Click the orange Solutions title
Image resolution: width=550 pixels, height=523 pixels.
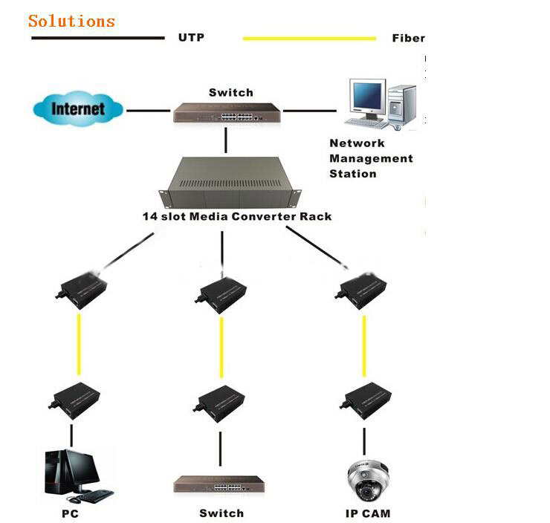tap(71, 21)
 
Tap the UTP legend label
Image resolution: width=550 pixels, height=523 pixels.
tap(191, 37)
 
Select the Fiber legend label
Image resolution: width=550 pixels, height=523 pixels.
tap(408, 38)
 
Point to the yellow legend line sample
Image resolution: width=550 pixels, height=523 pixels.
tap(309, 38)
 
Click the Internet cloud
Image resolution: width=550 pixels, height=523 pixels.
tap(78, 108)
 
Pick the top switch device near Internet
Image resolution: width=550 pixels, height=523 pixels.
tap(227, 112)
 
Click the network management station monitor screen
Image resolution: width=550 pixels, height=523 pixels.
tap(367, 96)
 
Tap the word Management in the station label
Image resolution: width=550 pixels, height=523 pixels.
tap(371, 158)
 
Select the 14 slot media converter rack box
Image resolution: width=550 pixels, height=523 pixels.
tap(230, 182)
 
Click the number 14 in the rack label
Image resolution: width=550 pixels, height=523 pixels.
tap(150, 216)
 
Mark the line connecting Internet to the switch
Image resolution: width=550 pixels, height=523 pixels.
tap(149, 111)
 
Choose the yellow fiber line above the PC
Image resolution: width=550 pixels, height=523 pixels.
tap(79, 345)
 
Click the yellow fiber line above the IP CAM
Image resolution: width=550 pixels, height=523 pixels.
tap(364, 346)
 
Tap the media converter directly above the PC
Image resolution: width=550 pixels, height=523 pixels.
tap(74, 400)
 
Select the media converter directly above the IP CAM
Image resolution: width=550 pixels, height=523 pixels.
tap(365, 400)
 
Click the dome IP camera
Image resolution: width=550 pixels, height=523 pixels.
tap(367, 480)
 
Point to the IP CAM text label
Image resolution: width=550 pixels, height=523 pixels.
tap(368, 513)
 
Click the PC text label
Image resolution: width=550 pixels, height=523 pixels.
tap(70, 514)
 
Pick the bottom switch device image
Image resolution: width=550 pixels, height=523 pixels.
tap(219, 485)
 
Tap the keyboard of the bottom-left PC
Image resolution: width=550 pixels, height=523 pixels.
tap(94, 496)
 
